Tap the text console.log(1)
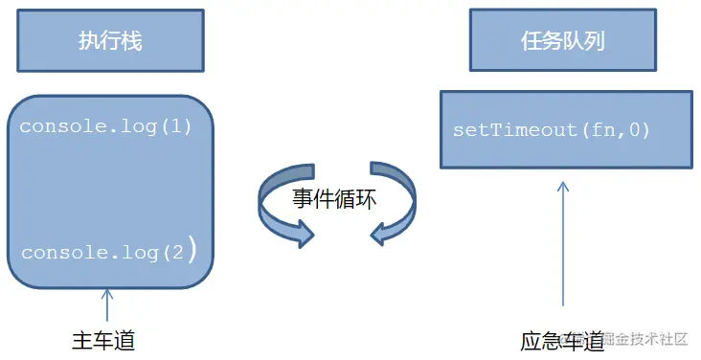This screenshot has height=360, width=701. [105, 126]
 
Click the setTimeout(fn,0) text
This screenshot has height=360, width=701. [552, 129]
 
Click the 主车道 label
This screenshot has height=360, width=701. [104, 341]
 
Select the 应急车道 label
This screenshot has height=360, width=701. [562, 341]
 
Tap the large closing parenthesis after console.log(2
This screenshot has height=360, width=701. [192, 251]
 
